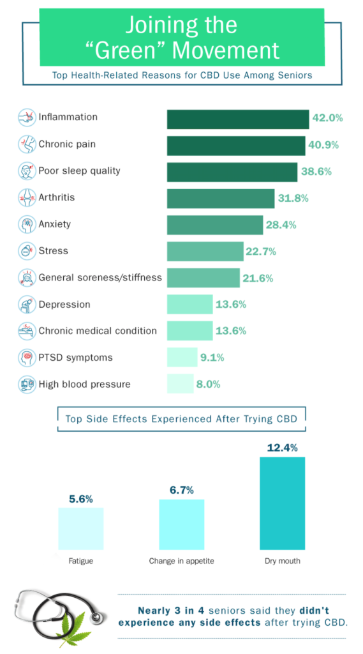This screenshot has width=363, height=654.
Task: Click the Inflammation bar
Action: pyautogui.click(x=238, y=119)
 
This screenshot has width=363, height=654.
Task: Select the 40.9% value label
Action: pyautogui.click(x=323, y=145)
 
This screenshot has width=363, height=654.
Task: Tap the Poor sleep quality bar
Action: pyautogui.click(x=232, y=172)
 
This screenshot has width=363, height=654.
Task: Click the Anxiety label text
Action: pyautogui.click(x=55, y=224)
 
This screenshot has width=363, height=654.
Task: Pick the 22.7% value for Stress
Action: pyautogui.click(x=261, y=252)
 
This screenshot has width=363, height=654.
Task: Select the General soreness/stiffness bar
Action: pyautogui.click(x=204, y=278)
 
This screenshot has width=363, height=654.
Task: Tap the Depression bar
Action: pyautogui.click(x=189, y=304)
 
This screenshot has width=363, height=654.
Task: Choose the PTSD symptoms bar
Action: pyautogui.click(x=182, y=357)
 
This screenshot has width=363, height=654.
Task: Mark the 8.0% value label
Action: pyautogui.click(x=209, y=384)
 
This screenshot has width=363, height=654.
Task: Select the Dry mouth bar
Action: pyautogui.click(x=283, y=503)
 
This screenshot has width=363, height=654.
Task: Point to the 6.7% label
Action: pyautogui.click(x=182, y=490)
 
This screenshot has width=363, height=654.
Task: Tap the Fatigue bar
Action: pyautogui.click(x=81, y=529)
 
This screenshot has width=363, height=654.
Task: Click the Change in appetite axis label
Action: pyautogui.click(x=182, y=561)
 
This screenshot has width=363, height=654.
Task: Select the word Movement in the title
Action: pyautogui.click(x=226, y=50)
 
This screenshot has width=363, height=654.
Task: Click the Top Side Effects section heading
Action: pyautogui.click(x=181, y=419)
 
